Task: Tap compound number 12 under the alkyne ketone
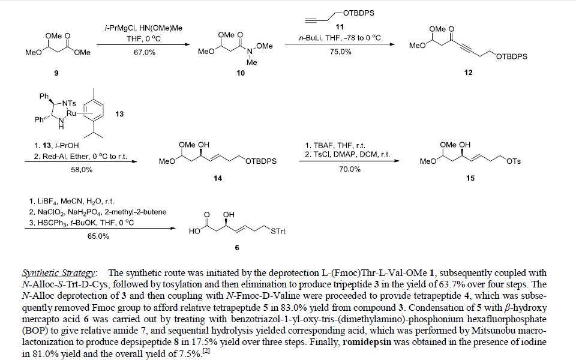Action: (x=468, y=73)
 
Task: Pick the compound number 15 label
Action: (x=470, y=179)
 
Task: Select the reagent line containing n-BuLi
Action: (x=340, y=38)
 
